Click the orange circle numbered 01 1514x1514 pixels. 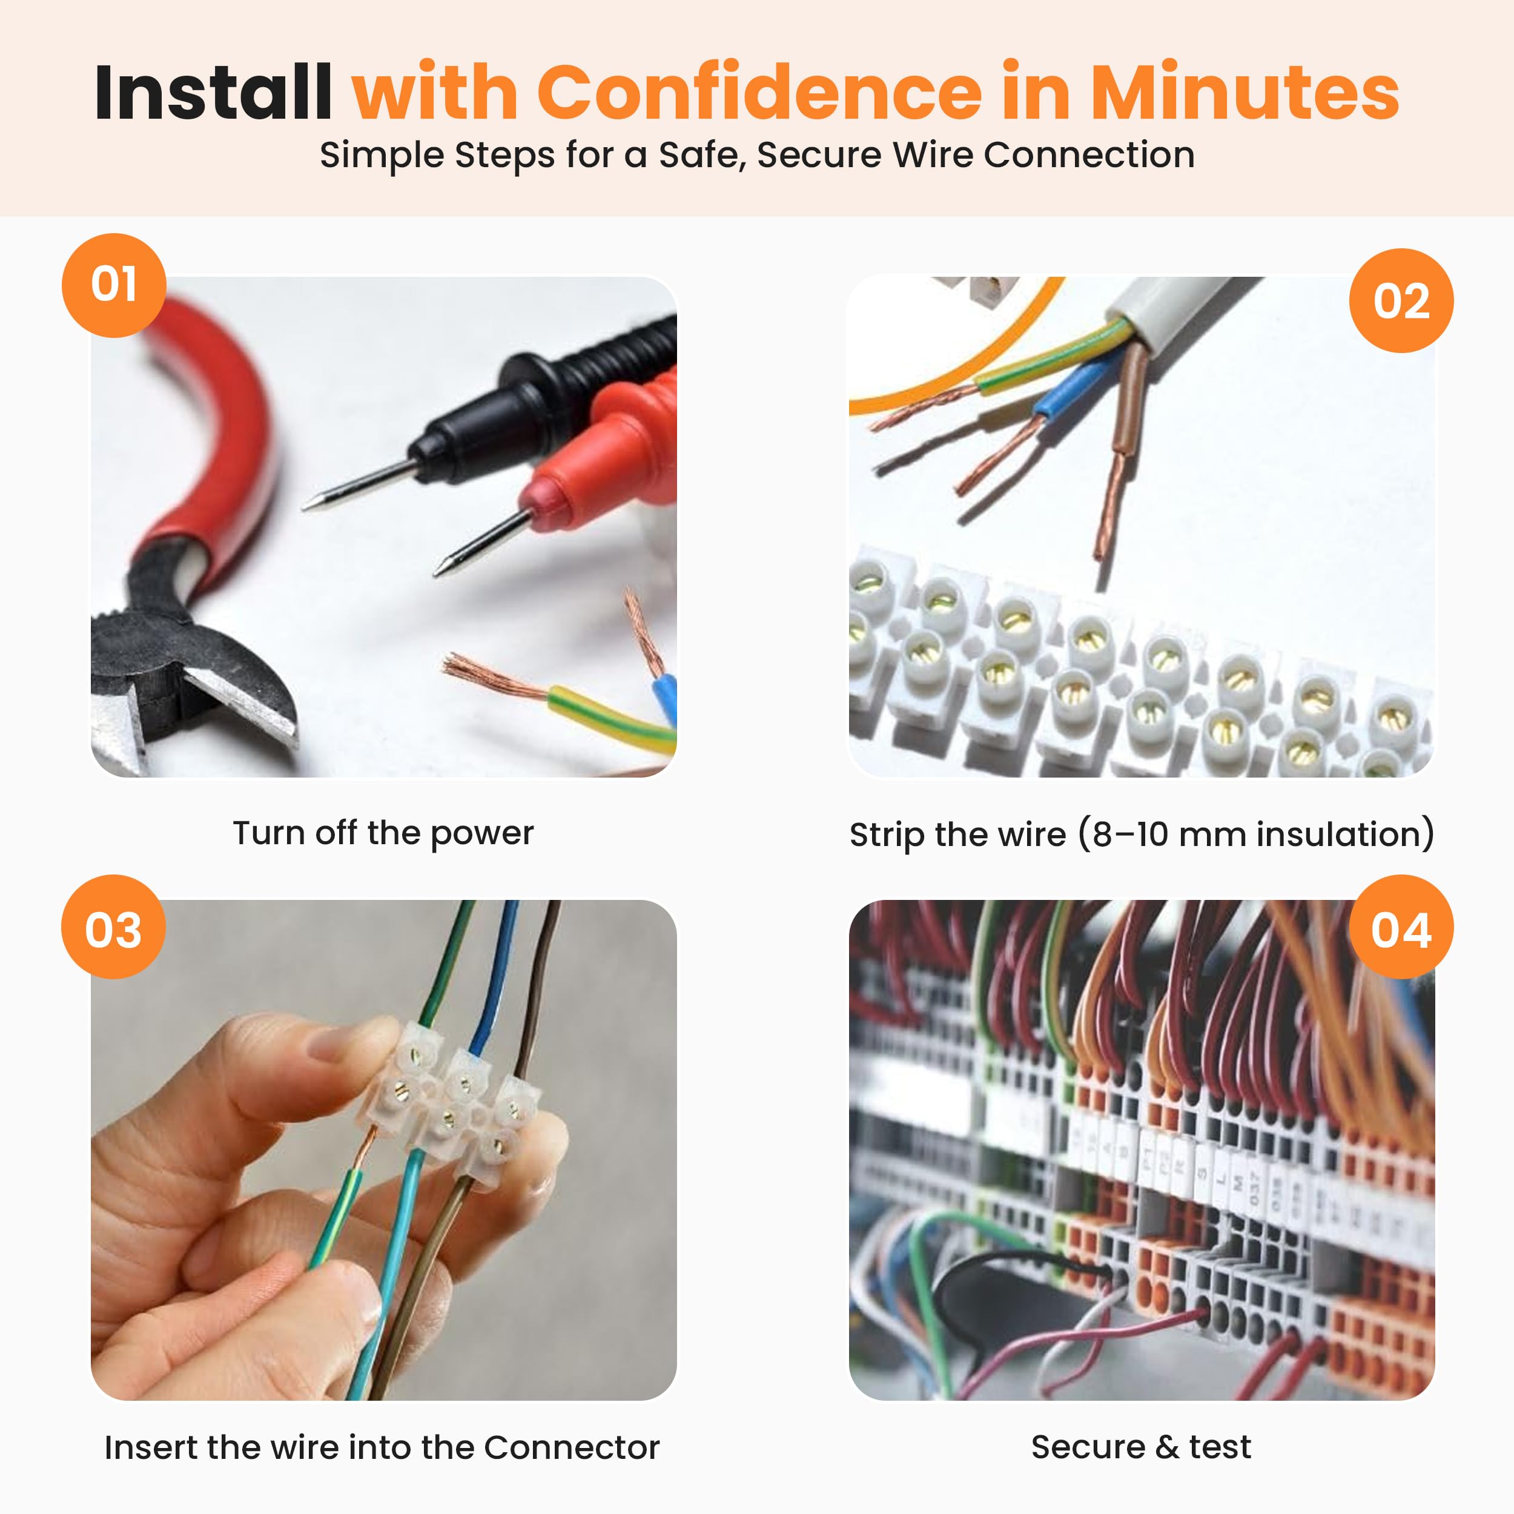click(x=114, y=285)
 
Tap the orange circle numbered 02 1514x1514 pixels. click(x=1401, y=301)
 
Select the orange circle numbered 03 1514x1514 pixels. click(x=114, y=927)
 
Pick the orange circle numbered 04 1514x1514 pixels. click(x=1401, y=927)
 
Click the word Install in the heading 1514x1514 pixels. click(x=213, y=93)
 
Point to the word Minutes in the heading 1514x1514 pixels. click(x=1245, y=93)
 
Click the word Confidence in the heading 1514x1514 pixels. click(x=759, y=93)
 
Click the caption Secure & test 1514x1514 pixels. click(x=1141, y=1447)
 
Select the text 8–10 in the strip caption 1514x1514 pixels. click(x=1130, y=834)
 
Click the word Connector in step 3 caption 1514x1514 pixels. click(x=572, y=1447)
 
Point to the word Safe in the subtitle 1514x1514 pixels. click(x=701, y=154)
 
